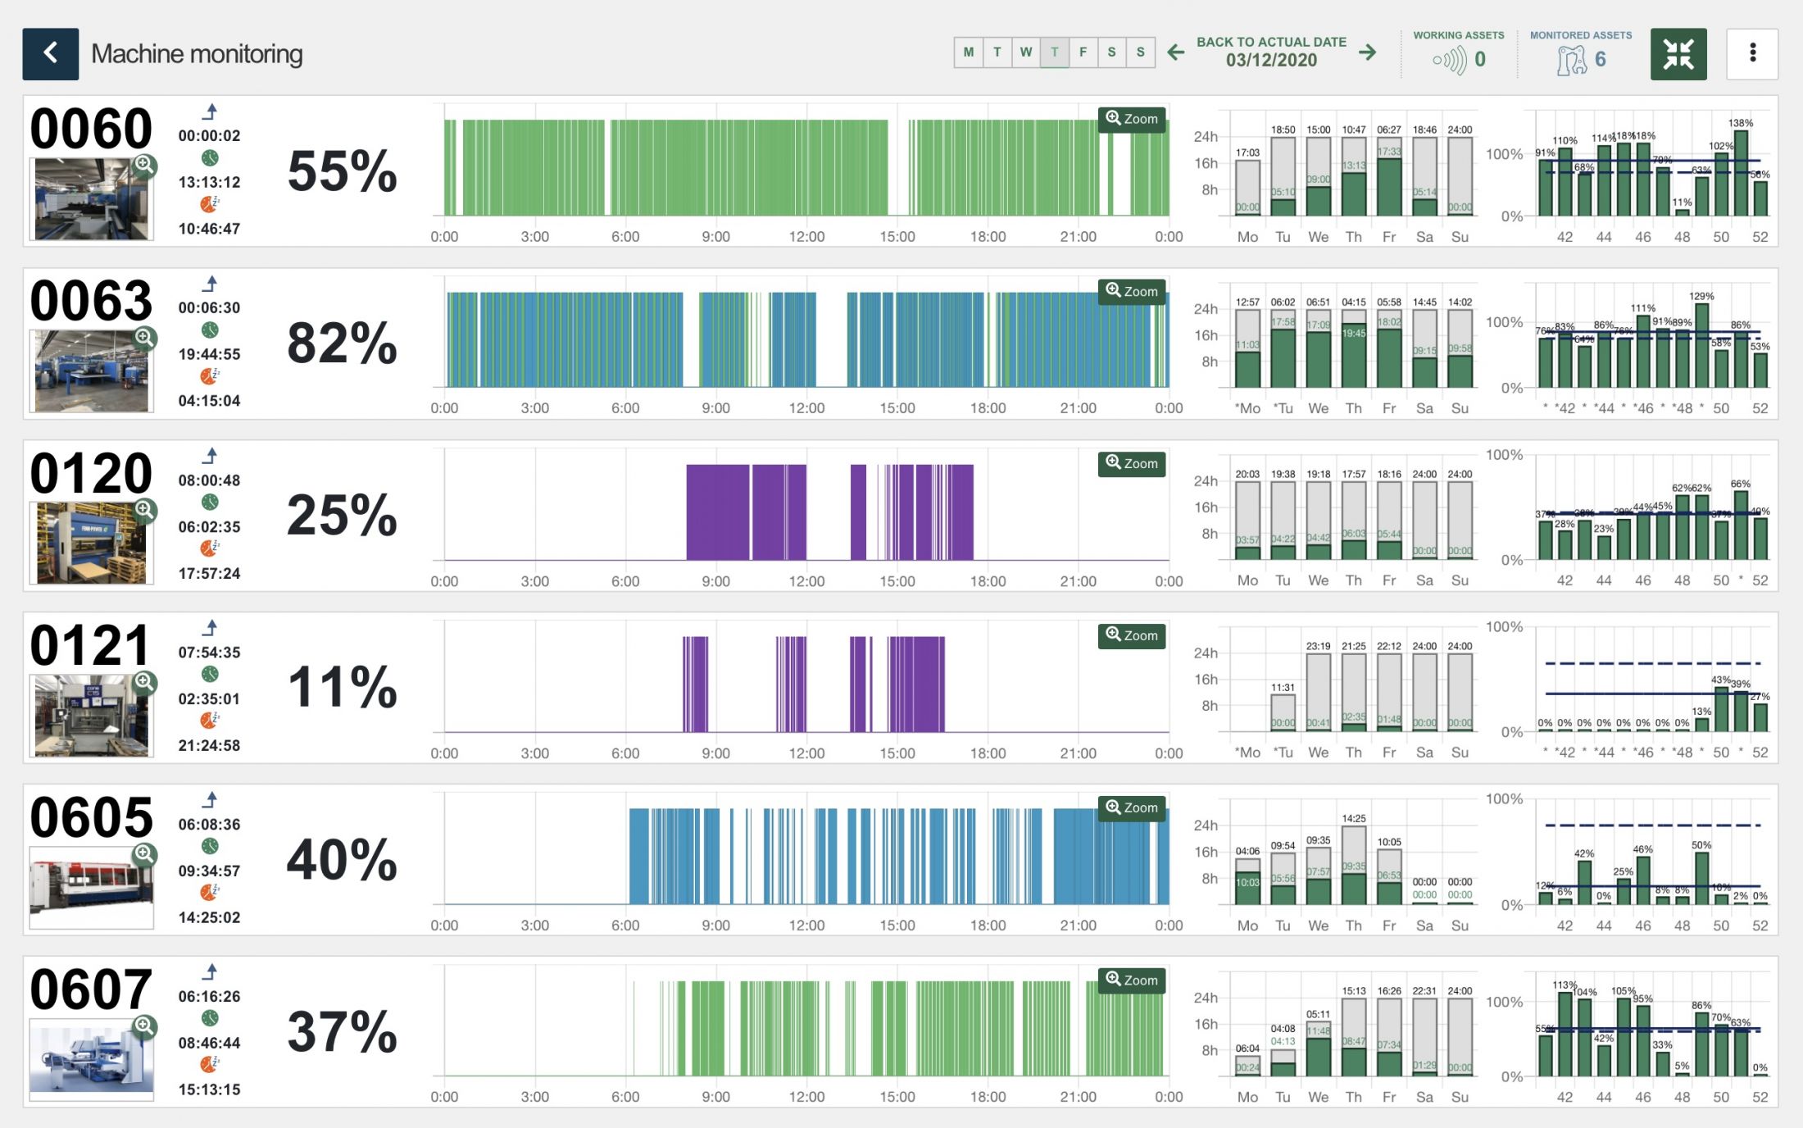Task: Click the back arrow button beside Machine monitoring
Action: [x=50, y=53]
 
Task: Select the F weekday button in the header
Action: [x=1083, y=52]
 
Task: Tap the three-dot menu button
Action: [x=1751, y=53]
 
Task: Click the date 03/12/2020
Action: [x=1271, y=61]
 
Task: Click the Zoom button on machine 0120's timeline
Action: [x=1131, y=463]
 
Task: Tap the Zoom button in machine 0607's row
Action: [x=1131, y=980]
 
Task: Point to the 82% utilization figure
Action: [x=342, y=343]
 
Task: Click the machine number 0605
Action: [x=91, y=817]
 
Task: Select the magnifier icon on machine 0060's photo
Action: [x=144, y=165]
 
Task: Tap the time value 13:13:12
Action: [x=209, y=182]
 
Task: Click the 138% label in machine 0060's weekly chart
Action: [x=1740, y=123]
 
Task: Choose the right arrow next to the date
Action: [x=1367, y=53]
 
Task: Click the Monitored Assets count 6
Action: [x=1600, y=60]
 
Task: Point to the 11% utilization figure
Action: [x=342, y=687]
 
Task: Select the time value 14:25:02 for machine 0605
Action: [x=209, y=917]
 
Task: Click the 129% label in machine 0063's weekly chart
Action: [x=1701, y=296]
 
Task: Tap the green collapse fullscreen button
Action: [x=1678, y=54]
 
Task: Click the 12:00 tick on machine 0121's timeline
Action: [x=806, y=753]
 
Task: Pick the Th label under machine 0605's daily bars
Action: [x=1353, y=925]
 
